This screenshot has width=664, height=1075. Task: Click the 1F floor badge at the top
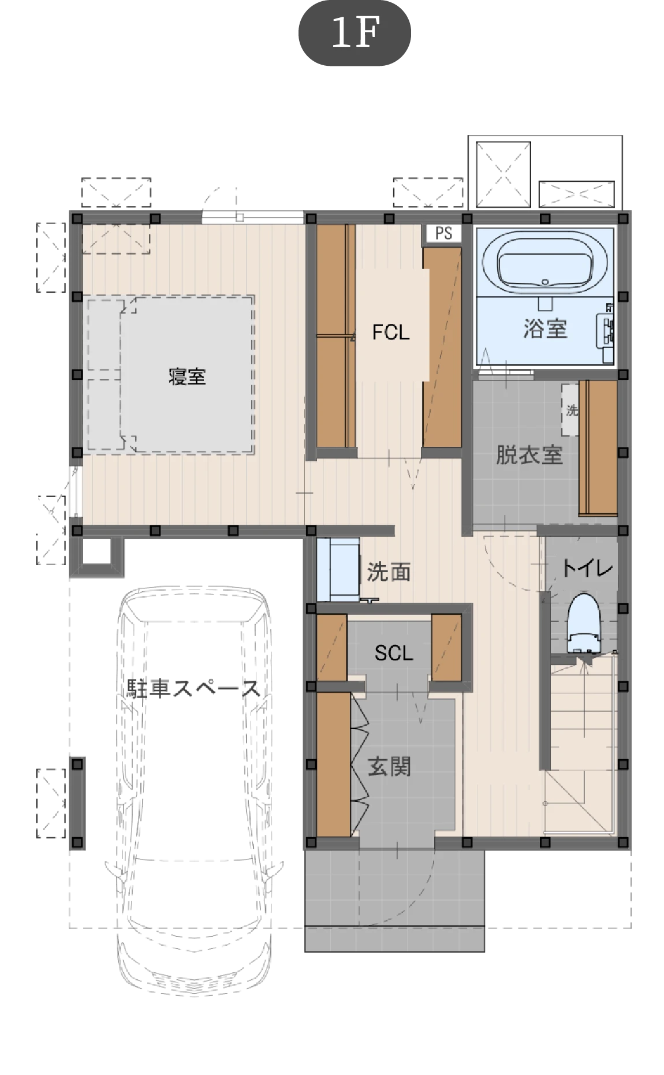pos(354,33)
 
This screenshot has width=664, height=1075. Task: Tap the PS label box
pos(443,233)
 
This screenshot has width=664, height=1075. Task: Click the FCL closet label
pos(391,332)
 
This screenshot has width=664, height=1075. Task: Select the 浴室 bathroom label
pos(545,329)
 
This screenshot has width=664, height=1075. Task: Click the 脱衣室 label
pos(529,455)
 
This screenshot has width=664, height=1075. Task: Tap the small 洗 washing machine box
pos(570,409)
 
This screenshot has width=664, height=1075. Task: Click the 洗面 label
pos(389,572)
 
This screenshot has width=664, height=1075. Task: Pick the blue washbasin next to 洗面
pos(338,570)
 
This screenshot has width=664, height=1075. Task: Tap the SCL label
pos(394,653)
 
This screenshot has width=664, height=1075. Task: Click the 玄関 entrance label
pos(389,767)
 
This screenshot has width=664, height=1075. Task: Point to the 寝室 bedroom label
pos(187,376)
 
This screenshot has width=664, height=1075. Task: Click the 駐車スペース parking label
pos(193,688)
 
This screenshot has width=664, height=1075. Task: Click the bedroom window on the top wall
pos(252,217)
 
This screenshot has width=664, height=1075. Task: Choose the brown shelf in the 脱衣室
pos(598,447)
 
